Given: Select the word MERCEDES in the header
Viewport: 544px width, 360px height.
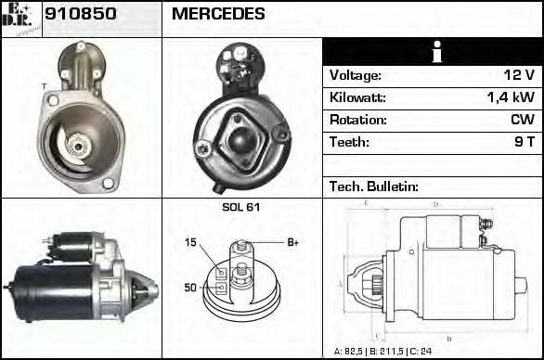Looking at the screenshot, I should click(x=218, y=15).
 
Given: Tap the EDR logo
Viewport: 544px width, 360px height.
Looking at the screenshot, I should click(x=21, y=19).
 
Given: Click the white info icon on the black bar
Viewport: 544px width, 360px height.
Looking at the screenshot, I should click(x=433, y=52).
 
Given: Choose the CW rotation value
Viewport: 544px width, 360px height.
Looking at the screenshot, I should click(x=522, y=121).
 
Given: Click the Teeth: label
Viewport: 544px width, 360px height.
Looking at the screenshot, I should click(x=349, y=143).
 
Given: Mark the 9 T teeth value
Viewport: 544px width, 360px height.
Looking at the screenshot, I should click(x=524, y=143).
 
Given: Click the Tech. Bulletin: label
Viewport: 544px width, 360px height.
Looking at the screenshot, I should click(x=374, y=186).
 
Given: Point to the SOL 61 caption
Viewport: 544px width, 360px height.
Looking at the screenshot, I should click(x=241, y=207).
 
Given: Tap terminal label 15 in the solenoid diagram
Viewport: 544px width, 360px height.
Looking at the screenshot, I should click(x=190, y=243).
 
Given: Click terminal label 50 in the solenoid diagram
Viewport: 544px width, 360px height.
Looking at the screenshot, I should click(x=190, y=288).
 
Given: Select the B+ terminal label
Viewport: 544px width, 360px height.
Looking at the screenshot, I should click(x=292, y=243).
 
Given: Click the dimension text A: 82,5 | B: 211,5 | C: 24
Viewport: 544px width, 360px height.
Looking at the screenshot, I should click(x=382, y=352).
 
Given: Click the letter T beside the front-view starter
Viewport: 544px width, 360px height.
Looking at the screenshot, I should click(x=44, y=86).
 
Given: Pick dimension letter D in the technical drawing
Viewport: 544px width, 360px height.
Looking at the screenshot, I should click(x=435, y=204).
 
